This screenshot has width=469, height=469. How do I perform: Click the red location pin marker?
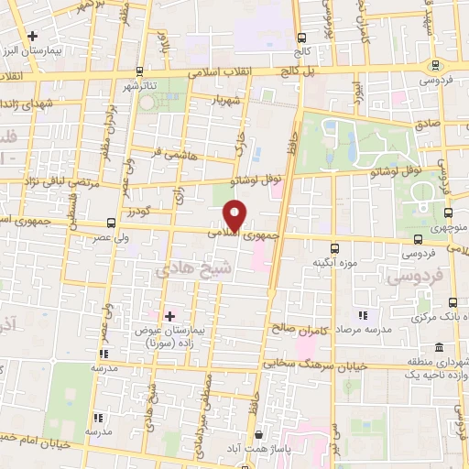point(236,215)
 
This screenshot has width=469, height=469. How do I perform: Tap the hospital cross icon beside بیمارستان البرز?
point(33,36)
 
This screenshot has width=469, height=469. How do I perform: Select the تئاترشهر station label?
point(140,86)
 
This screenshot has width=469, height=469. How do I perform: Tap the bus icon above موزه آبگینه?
point(334,247)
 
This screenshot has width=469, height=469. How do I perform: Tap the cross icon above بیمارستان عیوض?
point(169,316)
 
